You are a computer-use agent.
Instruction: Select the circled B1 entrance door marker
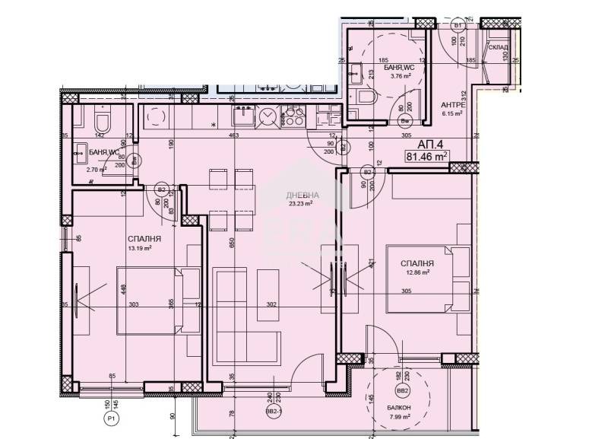coord(458,25)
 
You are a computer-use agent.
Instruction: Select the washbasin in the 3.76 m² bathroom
coord(355,75)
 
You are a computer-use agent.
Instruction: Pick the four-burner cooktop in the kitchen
coord(292,119)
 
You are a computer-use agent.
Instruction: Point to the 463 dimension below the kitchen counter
coord(234,135)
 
